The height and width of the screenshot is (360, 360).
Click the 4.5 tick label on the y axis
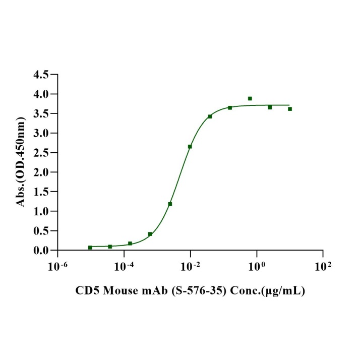tap(41, 75)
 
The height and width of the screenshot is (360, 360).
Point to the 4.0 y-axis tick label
tap(41, 94)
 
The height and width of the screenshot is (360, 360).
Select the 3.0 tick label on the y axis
tap(41, 133)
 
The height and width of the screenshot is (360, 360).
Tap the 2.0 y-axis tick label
tap(41, 172)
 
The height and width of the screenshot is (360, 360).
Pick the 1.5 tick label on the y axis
tap(41, 192)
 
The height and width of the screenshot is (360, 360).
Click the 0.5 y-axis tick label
tap(41, 231)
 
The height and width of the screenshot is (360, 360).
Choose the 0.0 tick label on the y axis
tap(41, 251)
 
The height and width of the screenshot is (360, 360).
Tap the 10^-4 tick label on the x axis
tap(124, 265)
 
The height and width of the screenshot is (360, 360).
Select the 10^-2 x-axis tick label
tap(190, 265)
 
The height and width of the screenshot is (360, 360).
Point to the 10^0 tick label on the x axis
tap(257, 265)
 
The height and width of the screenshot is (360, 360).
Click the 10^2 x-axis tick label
tap(323, 265)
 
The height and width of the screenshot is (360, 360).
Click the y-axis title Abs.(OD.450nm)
tap(21, 162)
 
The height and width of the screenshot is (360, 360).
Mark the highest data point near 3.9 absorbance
tap(250, 98)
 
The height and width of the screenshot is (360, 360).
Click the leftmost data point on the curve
tap(90, 248)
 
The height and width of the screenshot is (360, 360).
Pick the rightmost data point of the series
tap(290, 109)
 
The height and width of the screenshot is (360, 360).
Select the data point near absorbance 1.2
tap(170, 204)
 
